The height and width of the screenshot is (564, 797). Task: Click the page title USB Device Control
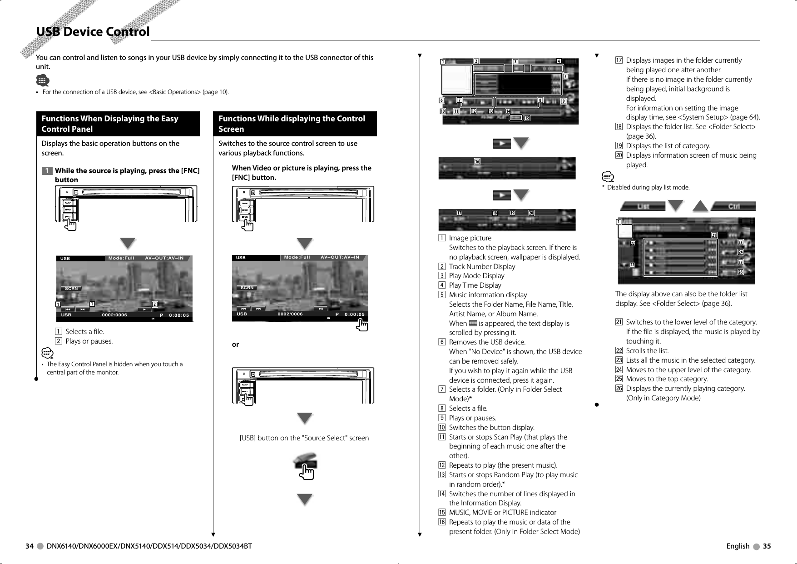(x=93, y=32)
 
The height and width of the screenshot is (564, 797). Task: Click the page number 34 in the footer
(x=30, y=546)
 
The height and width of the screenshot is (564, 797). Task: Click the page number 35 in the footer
(x=767, y=546)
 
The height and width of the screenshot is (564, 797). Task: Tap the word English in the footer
(x=738, y=546)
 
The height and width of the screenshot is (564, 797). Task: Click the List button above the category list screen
(x=643, y=206)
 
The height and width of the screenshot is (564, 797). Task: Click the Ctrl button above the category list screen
(x=733, y=206)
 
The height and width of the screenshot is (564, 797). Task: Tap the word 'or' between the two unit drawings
(x=235, y=344)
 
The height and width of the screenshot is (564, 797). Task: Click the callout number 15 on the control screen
(x=527, y=119)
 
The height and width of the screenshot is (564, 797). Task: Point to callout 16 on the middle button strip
(x=477, y=161)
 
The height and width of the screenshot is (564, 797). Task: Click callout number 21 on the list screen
(x=714, y=235)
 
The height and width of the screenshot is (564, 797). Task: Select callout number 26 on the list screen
(x=740, y=272)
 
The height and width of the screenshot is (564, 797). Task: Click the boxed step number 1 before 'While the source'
(x=47, y=171)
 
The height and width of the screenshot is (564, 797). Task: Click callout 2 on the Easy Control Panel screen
(x=154, y=304)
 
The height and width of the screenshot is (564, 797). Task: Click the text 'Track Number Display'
(x=482, y=266)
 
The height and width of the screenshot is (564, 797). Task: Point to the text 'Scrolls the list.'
(x=647, y=350)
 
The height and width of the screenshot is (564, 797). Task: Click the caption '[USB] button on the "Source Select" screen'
(x=304, y=438)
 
